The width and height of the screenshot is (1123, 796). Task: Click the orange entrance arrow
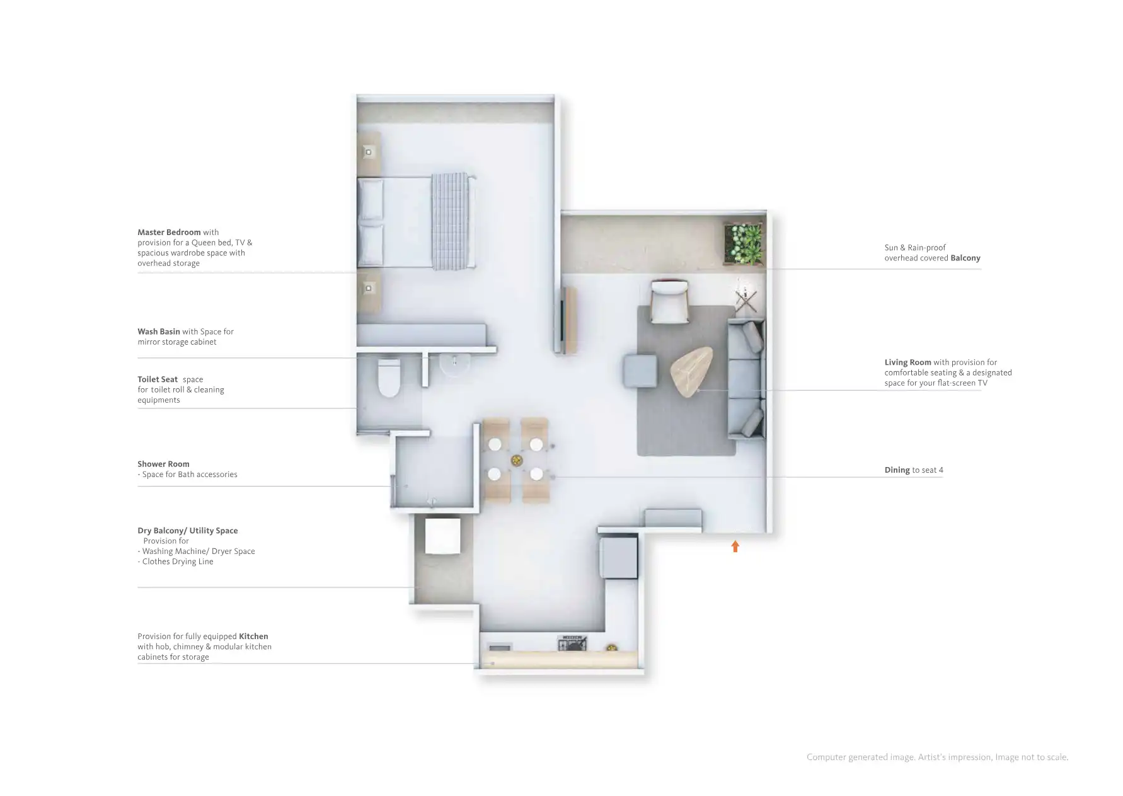(x=735, y=546)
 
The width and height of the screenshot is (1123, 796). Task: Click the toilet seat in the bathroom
(x=389, y=379)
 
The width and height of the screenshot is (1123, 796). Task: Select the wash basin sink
(x=454, y=366)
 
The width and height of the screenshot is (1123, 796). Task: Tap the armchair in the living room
(x=669, y=301)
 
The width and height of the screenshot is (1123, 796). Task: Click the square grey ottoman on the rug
(x=640, y=371)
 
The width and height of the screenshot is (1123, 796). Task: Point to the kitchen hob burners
(x=572, y=643)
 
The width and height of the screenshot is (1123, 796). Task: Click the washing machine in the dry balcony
(x=442, y=536)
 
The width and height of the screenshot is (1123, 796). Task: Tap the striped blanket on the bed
(x=450, y=221)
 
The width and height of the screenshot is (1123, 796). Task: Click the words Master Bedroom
(x=169, y=233)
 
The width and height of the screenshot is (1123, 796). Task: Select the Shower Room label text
(x=163, y=464)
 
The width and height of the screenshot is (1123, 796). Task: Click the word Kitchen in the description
(x=253, y=637)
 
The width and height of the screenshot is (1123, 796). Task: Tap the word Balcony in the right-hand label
(x=965, y=258)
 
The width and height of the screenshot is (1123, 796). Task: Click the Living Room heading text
(x=907, y=362)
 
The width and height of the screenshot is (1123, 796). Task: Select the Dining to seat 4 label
(x=913, y=470)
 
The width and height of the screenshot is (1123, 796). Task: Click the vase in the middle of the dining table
(x=516, y=461)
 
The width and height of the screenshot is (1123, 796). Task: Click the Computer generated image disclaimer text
(x=936, y=757)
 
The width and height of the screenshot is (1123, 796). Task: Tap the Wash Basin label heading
(x=159, y=332)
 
